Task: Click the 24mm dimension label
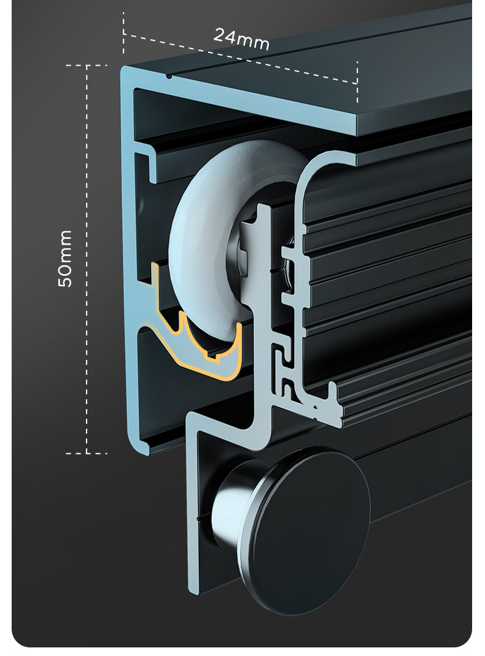coord(241,39)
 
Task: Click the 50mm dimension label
coord(65,259)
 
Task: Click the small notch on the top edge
coord(168,76)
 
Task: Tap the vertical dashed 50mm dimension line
coord(87,259)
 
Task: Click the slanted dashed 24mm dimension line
coord(241,58)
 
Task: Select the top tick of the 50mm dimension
coord(87,66)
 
